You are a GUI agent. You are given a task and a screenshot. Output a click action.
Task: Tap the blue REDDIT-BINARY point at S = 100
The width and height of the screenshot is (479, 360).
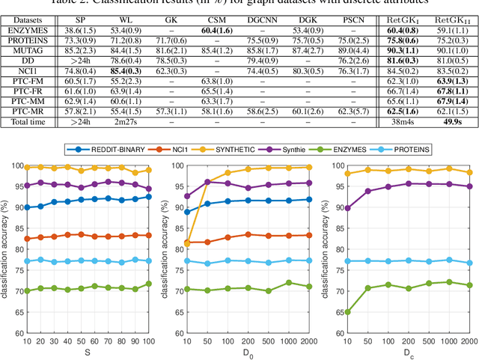147,197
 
